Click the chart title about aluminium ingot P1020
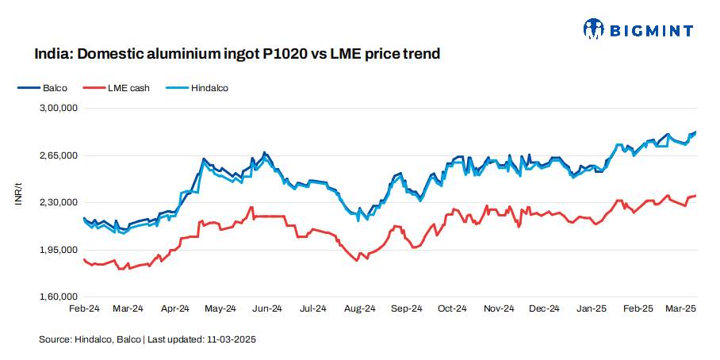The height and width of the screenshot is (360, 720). click(x=236, y=55)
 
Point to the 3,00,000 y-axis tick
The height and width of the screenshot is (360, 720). click(x=57, y=108)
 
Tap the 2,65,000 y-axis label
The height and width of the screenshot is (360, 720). click(x=57, y=155)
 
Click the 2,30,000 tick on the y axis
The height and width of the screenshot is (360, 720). click(x=57, y=203)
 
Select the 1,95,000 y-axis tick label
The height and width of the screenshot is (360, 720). click(x=57, y=251)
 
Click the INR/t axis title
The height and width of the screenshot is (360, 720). click(x=17, y=195)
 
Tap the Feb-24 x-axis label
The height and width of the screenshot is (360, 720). click(x=83, y=308)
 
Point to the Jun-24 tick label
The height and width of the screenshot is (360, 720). click(x=267, y=308)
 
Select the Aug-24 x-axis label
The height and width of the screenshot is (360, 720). click(x=360, y=308)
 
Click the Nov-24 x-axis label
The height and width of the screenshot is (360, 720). click(x=500, y=308)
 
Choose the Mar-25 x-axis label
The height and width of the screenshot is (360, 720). click(x=680, y=308)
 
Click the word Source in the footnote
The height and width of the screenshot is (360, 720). click(x=54, y=339)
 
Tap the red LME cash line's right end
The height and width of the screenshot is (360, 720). click(x=695, y=196)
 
